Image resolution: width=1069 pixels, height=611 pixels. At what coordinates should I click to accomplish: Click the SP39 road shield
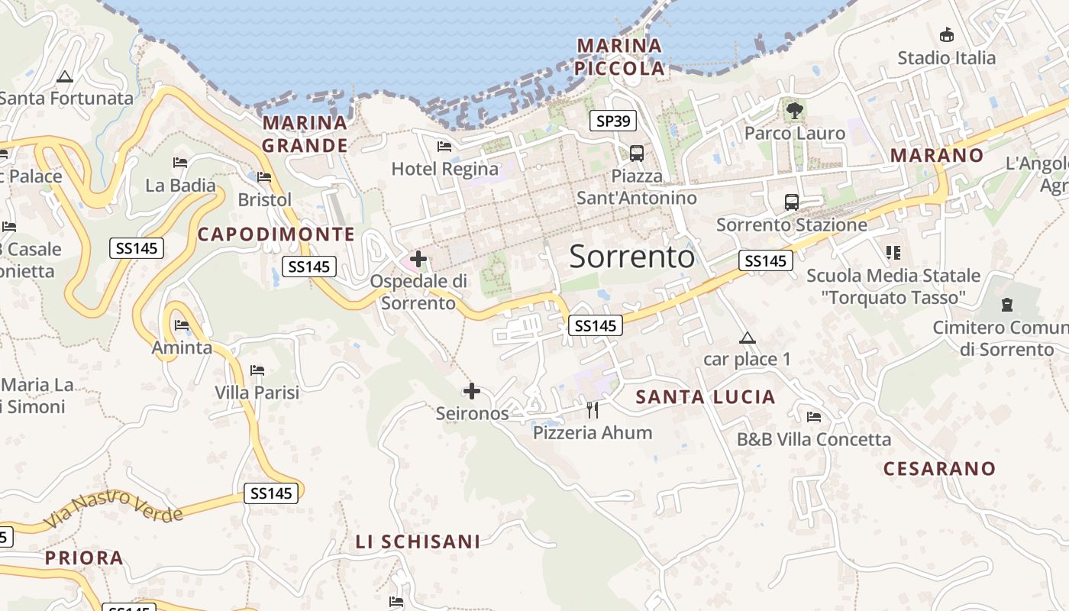pos(613,121)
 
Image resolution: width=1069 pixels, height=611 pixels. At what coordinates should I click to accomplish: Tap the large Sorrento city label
pos(632,257)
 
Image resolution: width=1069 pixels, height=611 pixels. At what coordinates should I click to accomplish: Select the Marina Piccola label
pos(620,57)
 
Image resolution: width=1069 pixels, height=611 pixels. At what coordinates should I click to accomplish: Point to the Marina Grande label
pos(305,134)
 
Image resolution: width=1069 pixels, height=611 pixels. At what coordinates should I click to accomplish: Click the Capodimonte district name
pos(276,234)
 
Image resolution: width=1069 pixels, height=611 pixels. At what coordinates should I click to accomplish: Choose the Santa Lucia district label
pos(706,397)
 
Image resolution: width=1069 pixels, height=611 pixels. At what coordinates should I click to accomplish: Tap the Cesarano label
pos(939,468)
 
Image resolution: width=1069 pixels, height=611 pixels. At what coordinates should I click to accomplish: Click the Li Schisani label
pos(418,542)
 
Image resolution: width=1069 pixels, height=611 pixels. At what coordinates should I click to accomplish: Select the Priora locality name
pos(84,558)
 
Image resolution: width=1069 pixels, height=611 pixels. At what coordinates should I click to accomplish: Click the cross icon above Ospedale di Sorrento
pos(418,259)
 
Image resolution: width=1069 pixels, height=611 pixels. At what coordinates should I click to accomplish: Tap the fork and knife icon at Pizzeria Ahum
pos(593,410)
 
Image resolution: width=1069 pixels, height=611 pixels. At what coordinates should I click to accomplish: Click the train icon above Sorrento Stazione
pos(792,202)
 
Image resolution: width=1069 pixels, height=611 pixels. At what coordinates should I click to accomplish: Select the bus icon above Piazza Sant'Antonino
pos(636,153)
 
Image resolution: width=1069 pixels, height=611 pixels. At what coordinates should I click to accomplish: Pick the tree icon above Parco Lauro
pos(794,111)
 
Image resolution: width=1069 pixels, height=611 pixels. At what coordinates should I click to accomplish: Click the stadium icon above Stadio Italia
pos(947,34)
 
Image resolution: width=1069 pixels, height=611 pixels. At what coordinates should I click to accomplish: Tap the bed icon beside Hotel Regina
pos(444,147)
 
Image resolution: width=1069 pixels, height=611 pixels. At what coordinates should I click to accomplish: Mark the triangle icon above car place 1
pos(747,338)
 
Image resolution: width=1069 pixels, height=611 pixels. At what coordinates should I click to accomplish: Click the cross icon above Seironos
pos(472,392)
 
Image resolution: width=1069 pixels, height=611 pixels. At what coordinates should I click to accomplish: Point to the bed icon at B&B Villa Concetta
pos(814,417)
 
